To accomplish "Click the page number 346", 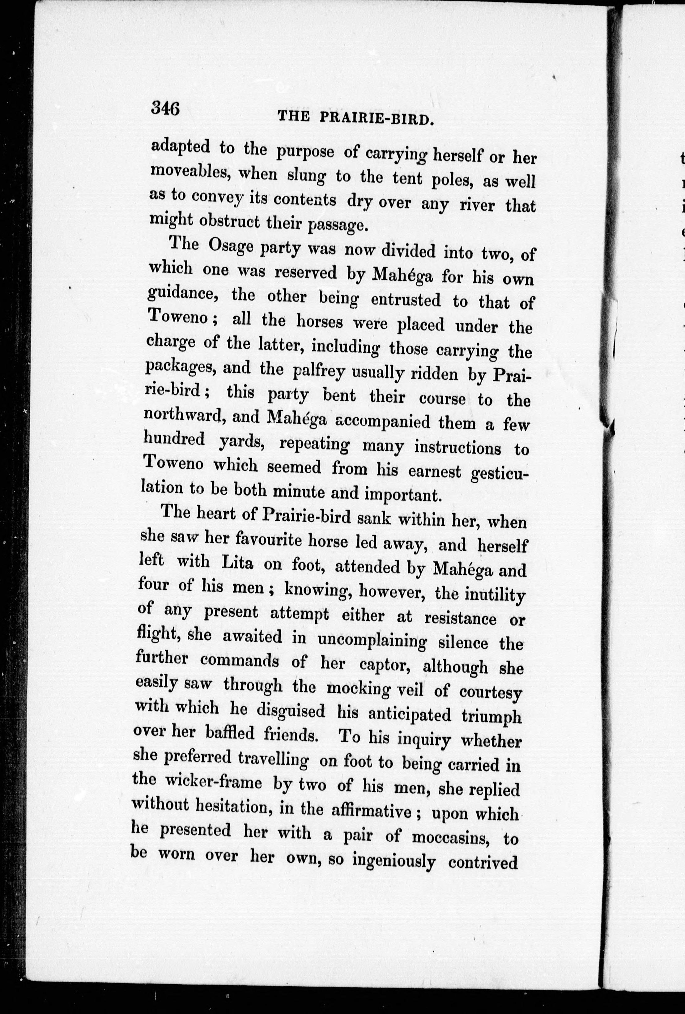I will click(165, 107).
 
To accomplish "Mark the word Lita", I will click(237, 563).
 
